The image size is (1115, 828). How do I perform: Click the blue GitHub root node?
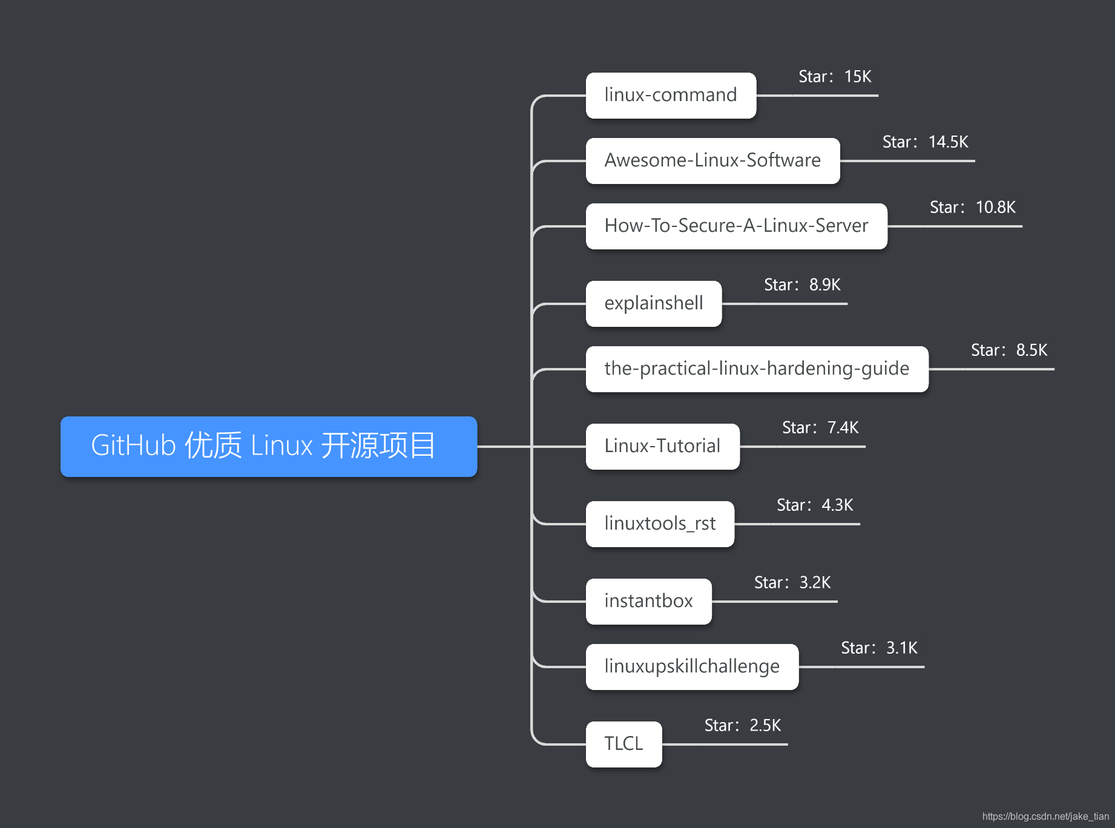click(x=269, y=446)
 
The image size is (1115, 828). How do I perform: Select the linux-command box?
click(x=671, y=96)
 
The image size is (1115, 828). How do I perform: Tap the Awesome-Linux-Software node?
click(x=712, y=161)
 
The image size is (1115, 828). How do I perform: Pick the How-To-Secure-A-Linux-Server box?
click(x=736, y=226)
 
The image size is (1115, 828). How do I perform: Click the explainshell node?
click(x=654, y=304)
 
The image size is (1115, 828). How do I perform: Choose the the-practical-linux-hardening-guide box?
click(x=757, y=369)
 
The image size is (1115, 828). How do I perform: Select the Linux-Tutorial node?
click(x=662, y=447)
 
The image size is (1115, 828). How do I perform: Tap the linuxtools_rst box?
click(x=660, y=524)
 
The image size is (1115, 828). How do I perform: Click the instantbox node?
click(x=648, y=602)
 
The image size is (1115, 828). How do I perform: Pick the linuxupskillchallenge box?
click(x=692, y=667)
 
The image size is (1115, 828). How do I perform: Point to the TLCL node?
click(x=623, y=744)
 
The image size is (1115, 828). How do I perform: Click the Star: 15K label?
click(x=835, y=77)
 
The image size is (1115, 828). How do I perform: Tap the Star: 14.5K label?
click(x=925, y=142)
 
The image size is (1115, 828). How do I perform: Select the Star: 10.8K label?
click(x=972, y=208)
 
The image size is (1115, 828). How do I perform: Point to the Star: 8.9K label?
click(x=802, y=285)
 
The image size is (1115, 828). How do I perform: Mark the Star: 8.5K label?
click(x=1009, y=350)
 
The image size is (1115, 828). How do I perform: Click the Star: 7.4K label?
click(x=820, y=428)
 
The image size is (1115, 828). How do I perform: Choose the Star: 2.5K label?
click(x=743, y=726)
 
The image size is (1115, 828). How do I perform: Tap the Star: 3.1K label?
click(x=879, y=648)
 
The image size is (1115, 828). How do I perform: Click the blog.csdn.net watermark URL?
click(x=1045, y=816)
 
